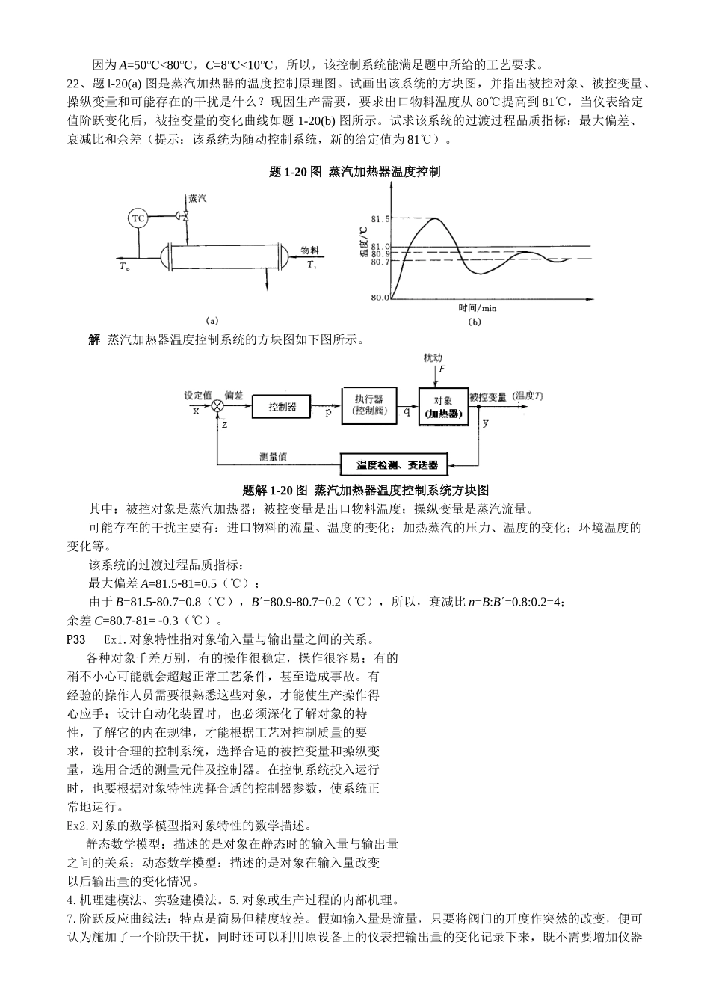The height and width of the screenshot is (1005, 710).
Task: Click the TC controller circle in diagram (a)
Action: (138, 218)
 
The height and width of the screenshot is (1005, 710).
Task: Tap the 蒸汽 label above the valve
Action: (197, 200)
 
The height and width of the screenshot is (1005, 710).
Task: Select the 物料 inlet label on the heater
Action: (310, 251)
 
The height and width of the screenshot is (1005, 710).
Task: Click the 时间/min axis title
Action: (478, 307)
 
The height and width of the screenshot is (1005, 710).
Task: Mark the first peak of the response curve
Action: (433, 218)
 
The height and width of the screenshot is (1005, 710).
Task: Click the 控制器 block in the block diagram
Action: (283, 407)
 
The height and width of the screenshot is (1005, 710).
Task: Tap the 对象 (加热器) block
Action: (442, 407)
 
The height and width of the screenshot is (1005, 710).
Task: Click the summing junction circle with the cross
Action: (217, 406)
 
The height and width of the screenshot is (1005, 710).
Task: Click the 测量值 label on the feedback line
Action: (274, 458)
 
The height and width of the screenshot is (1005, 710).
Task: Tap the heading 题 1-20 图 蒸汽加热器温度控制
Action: (354, 172)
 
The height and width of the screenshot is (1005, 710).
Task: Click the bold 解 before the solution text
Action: (94, 340)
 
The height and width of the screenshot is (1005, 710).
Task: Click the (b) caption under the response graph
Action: (475, 322)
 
